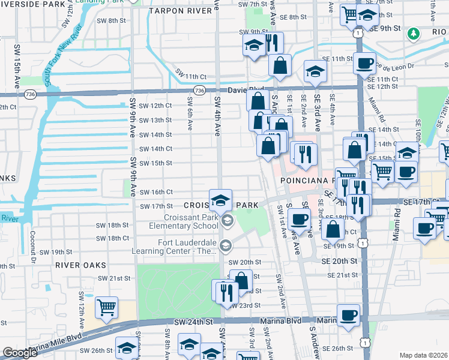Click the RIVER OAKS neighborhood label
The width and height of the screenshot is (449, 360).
tap(80, 265)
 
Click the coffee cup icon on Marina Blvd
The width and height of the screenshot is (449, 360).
tap(348, 315)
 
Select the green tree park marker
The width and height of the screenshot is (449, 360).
tap(412, 34)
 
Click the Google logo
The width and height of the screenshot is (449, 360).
tap(20, 353)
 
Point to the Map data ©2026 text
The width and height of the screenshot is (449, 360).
tap(423, 355)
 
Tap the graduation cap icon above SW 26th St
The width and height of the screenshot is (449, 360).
tap(127, 348)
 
